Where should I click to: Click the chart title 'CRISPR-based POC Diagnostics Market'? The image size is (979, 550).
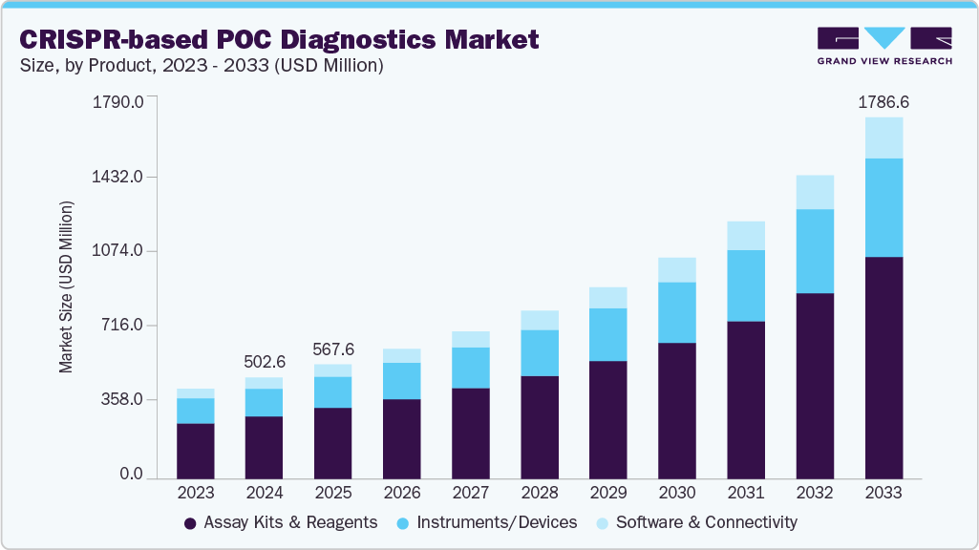(x=280, y=39)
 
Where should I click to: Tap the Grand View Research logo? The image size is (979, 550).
(x=883, y=46)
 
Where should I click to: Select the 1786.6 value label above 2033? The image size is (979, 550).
(x=883, y=101)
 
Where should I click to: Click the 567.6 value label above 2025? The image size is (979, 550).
(x=332, y=349)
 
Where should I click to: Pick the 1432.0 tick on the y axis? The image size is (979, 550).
(x=118, y=178)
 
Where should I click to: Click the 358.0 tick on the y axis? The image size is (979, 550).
(x=123, y=399)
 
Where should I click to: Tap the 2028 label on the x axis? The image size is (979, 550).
(x=540, y=493)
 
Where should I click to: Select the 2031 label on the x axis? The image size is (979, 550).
(x=746, y=493)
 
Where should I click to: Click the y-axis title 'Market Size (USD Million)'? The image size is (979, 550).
(x=66, y=287)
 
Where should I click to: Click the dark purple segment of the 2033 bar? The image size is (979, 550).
(x=883, y=368)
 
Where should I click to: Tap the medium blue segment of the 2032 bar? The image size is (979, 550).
(x=815, y=251)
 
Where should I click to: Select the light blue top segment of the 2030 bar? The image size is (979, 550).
(x=677, y=269)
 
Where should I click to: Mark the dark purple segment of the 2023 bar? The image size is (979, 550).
(x=196, y=451)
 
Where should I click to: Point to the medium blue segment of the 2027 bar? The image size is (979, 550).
(x=471, y=368)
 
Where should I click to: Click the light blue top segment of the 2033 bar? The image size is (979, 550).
(x=883, y=137)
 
